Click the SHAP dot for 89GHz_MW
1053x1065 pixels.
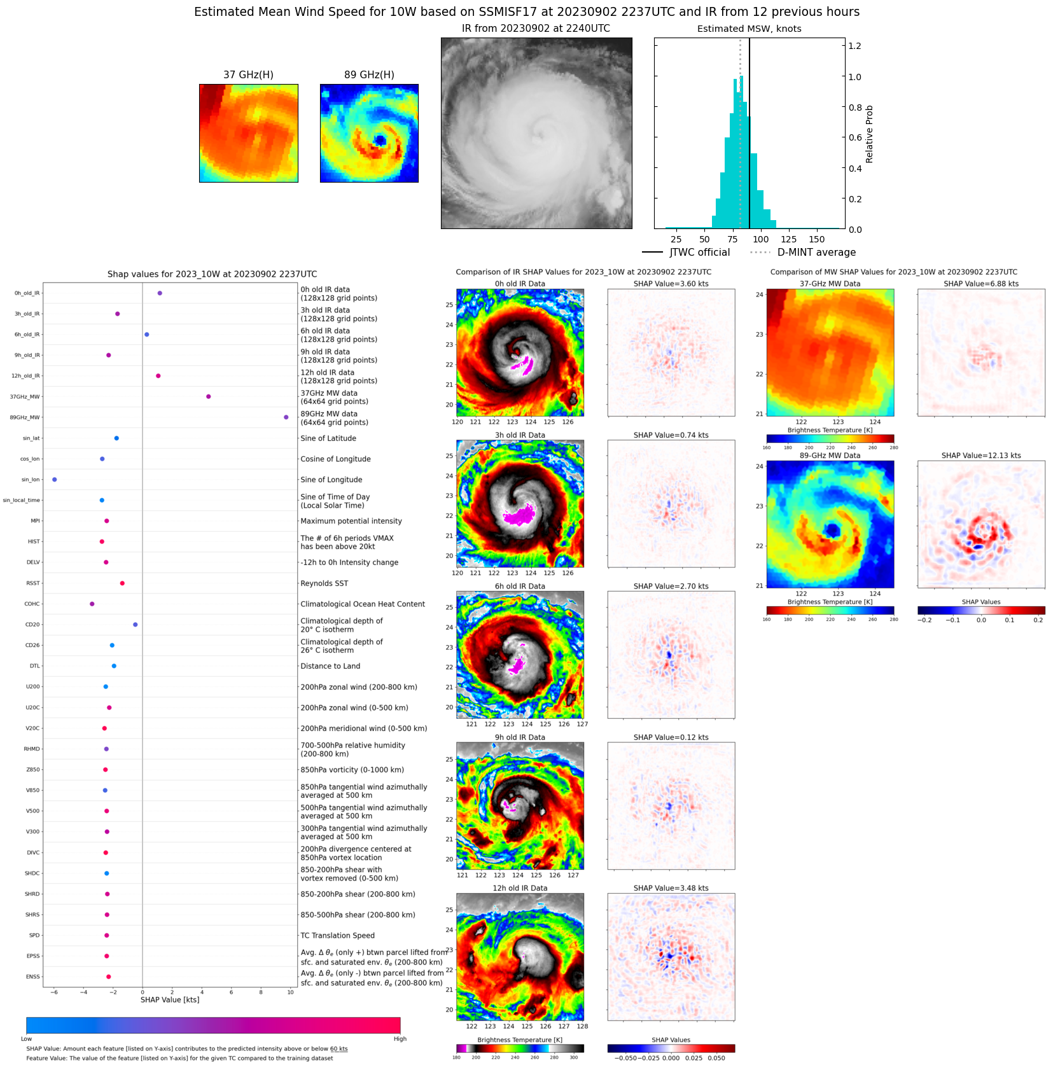click(x=286, y=417)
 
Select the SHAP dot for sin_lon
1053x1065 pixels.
click(x=55, y=480)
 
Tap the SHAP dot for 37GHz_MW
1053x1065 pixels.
click(x=208, y=396)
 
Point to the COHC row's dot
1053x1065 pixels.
click(x=92, y=604)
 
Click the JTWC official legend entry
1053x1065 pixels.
click(x=687, y=253)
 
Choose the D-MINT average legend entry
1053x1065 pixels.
click(x=803, y=253)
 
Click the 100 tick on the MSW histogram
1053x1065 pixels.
click(x=761, y=239)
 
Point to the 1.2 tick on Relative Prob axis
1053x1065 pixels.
click(x=854, y=46)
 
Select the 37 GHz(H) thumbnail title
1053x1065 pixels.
click(x=248, y=74)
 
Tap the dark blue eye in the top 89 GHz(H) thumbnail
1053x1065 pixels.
click(x=380, y=140)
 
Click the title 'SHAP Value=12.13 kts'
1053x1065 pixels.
click(x=980, y=456)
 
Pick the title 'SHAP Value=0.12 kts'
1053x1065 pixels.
click(x=671, y=737)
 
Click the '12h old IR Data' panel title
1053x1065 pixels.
click(x=520, y=888)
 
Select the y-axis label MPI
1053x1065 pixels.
click(x=35, y=521)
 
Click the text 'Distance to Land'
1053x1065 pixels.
click(x=330, y=666)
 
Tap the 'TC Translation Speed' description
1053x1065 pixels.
click(x=337, y=935)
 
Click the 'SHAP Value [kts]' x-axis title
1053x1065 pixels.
click(x=170, y=999)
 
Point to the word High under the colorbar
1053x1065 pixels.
click(x=400, y=1039)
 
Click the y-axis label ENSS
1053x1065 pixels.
click(x=32, y=977)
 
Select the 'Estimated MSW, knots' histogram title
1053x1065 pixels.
click(x=749, y=29)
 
